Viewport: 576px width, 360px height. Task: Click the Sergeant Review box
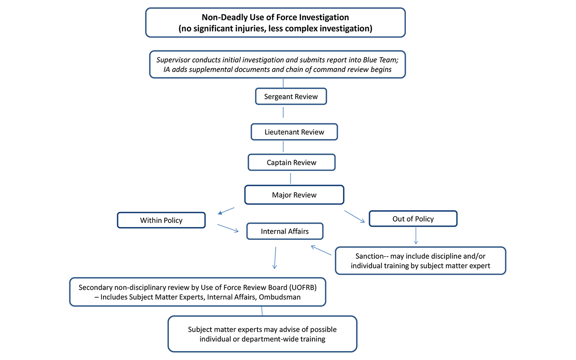point(291,97)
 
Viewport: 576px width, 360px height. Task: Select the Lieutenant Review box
point(294,132)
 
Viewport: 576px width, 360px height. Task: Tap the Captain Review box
point(292,162)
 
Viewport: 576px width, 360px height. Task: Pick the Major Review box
point(294,195)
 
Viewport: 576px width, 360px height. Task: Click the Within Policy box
point(161,220)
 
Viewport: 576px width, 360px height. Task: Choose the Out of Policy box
point(413,219)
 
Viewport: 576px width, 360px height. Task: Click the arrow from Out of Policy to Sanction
point(415,235)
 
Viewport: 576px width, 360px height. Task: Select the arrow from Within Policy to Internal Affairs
point(228,228)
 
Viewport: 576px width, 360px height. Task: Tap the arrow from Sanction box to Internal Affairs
point(321,250)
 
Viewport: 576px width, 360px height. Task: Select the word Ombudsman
point(279,297)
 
